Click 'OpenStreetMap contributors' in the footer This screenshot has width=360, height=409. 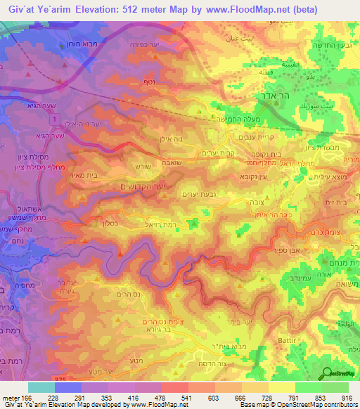pos(323,405)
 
